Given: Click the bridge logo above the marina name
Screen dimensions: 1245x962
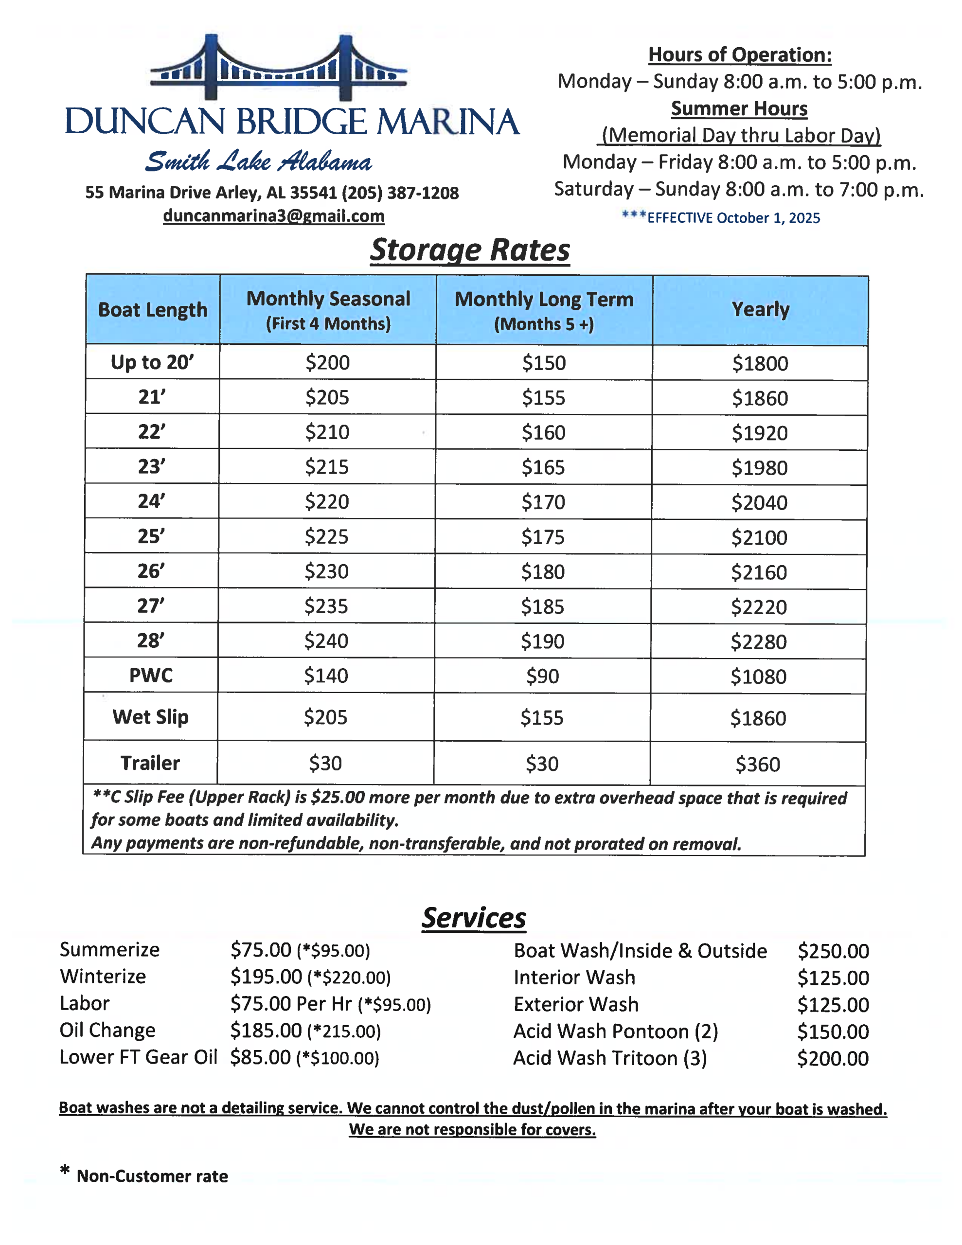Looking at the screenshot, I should pyautogui.click(x=278, y=68).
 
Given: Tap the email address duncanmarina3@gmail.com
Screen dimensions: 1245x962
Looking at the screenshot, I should pyautogui.click(x=274, y=216).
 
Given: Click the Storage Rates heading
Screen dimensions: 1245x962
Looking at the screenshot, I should pyautogui.click(x=470, y=250).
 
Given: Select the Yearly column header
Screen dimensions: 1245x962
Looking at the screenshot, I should pyautogui.click(x=760, y=309).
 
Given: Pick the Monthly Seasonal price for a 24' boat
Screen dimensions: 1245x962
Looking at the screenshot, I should pyautogui.click(x=327, y=502).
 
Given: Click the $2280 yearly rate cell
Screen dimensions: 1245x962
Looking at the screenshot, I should pyautogui.click(x=758, y=642).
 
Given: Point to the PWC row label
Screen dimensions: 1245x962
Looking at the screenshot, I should pyautogui.click(x=151, y=676).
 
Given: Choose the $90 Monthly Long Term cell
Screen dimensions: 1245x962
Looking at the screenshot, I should pyautogui.click(x=542, y=676).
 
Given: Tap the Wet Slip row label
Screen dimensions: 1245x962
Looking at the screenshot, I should pyautogui.click(x=151, y=716).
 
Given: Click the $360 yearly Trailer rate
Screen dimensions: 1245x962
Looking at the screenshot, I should pyautogui.click(x=757, y=764).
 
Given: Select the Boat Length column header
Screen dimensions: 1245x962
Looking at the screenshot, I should pyautogui.click(x=153, y=309).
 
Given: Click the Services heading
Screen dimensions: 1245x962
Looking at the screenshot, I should pyautogui.click(x=473, y=918).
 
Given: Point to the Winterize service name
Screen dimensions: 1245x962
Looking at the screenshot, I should pyautogui.click(x=103, y=977).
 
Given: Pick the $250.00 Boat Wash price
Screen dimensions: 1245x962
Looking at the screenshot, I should pyautogui.click(x=833, y=951).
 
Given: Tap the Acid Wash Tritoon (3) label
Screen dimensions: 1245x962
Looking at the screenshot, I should pyautogui.click(x=609, y=1058).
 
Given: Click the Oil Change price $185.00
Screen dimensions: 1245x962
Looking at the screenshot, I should pyautogui.click(x=266, y=1031).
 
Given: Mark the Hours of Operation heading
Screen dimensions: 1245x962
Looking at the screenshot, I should pyautogui.click(x=740, y=55).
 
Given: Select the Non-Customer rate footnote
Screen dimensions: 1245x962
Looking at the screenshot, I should pyautogui.click(x=152, y=1176).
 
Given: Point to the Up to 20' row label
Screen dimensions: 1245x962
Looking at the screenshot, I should pyautogui.click(x=152, y=362).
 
